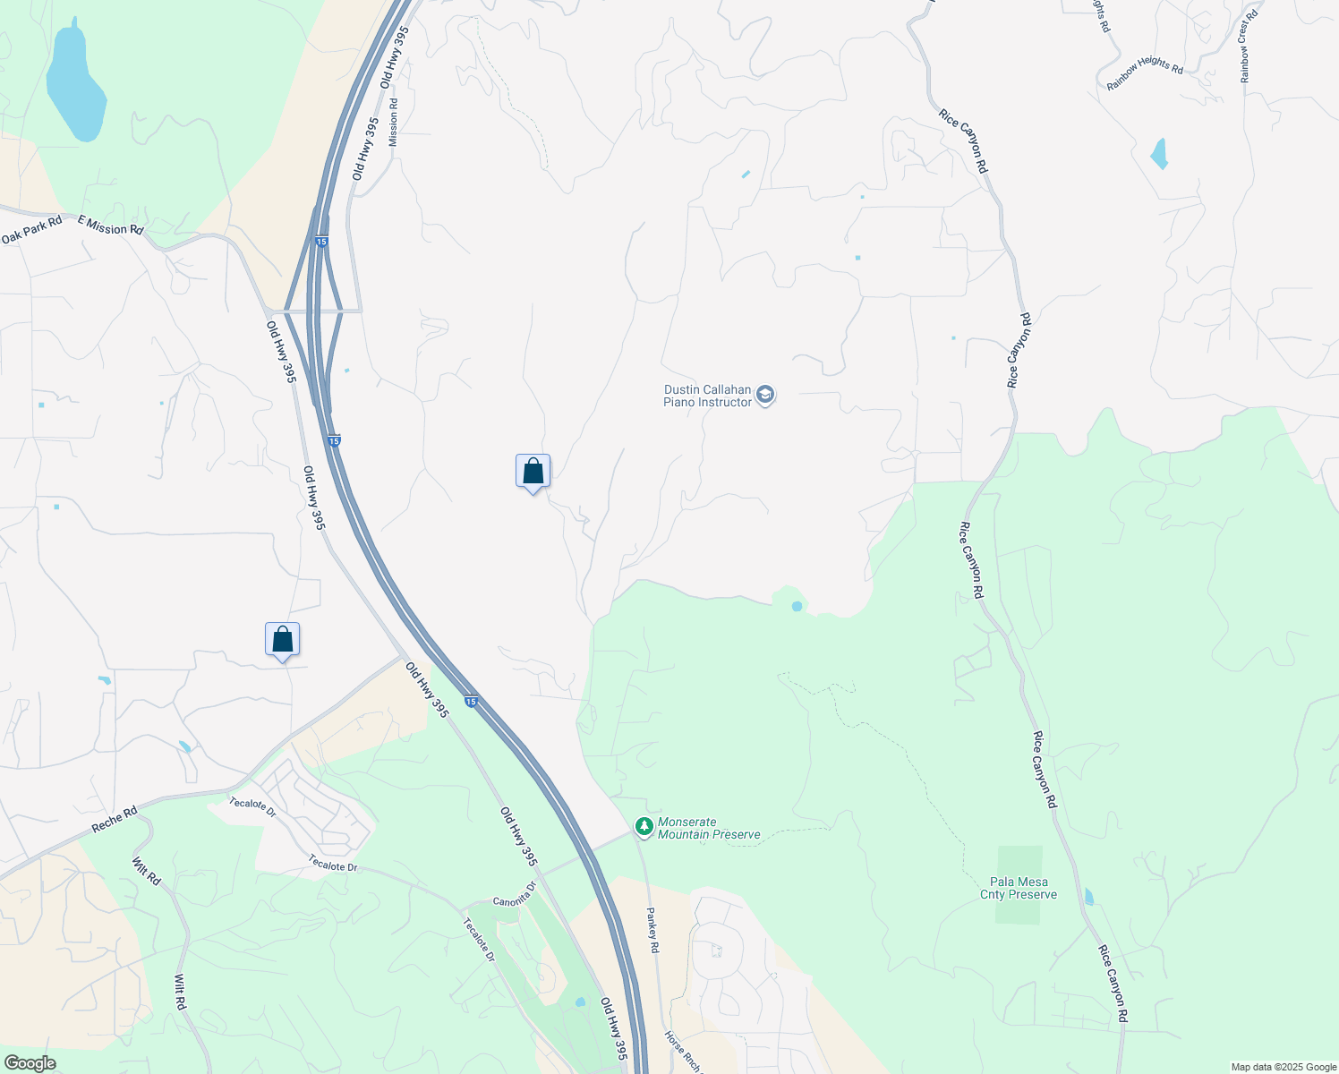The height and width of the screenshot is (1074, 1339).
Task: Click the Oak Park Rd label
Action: [x=32, y=230]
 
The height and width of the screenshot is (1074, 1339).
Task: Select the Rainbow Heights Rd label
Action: [x=1145, y=72]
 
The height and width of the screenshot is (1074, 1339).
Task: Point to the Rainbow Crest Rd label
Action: [x=1249, y=47]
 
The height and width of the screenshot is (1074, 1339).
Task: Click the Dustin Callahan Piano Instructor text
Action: [x=707, y=396]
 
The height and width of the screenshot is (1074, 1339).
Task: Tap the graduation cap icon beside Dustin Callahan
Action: [x=764, y=395]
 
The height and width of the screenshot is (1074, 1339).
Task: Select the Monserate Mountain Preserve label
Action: [x=709, y=828]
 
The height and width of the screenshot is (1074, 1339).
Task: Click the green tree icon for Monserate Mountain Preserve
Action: [x=643, y=826]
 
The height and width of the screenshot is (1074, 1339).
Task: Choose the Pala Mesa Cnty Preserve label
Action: [x=1019, y=888]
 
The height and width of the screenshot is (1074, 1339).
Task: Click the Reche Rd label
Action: [x=115, y=819]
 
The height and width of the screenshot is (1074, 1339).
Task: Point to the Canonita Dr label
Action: [x=515, y=895]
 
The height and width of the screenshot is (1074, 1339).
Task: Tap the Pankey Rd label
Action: [x=652, y=931]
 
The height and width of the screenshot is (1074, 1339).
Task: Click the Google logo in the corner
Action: [x=30, y=1063]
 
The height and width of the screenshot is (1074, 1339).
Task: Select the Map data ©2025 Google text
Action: [x=1283, y=1067]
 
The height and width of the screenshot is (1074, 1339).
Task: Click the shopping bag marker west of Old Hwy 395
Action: [x=282, y=640]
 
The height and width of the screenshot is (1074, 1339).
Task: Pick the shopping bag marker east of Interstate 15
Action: [x=533, y=472]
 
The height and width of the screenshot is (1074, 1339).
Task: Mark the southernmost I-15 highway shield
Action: [x=471, y=702]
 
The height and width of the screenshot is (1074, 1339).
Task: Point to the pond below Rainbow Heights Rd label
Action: [x=1159, y=154]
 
